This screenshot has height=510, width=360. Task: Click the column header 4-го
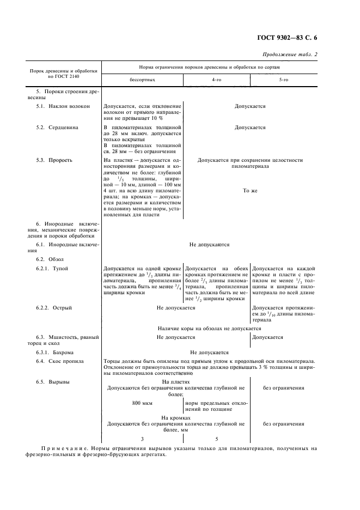(x=216, y=80)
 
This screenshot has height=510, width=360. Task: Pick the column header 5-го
(x=283, y=80)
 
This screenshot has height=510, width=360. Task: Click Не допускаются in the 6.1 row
(x=209, y=245)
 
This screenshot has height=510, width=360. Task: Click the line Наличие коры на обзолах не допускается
(x=209, y=328)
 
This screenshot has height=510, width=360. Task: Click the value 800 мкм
(x=143, y=403)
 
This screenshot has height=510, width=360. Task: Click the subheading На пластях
(x=176, y=382)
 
